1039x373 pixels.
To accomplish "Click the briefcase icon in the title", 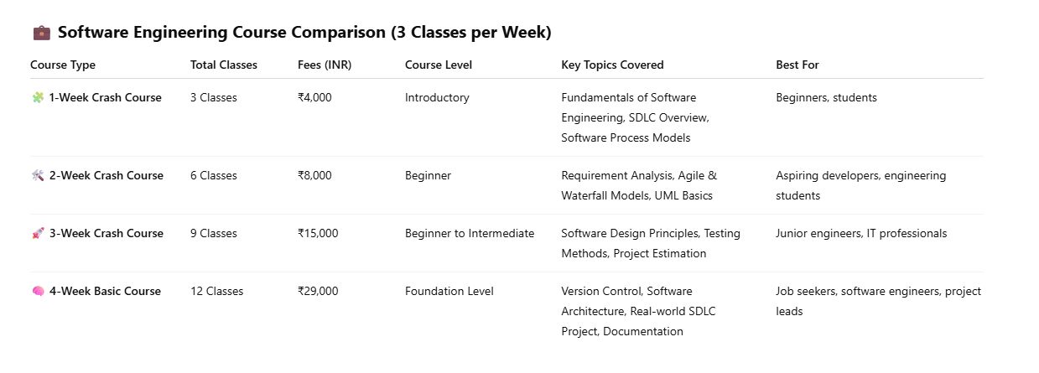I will (41, 33).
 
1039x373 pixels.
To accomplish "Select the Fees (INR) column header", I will (325, 65).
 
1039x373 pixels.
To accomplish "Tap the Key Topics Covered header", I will (612, 65).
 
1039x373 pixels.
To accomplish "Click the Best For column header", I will (797, 65).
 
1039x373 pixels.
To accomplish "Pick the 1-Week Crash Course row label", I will (105, 97).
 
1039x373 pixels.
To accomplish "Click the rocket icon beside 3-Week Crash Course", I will (38, 233).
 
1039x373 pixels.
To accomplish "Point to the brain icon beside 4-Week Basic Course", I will (38, 291).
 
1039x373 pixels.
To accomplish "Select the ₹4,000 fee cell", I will (314, 97).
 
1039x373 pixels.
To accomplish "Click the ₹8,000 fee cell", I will (314, 175).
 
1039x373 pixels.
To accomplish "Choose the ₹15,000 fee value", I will (318, 233).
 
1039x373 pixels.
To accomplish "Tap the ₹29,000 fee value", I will (318, 291).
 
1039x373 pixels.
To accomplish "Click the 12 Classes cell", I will (216, 291).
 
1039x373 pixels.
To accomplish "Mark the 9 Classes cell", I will (214, 233).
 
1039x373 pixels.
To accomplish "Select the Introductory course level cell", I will (437, 97).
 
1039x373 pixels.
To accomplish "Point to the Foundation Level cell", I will (449, 291).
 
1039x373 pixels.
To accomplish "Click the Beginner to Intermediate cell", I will (470, 233).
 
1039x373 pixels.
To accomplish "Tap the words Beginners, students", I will (826, 97).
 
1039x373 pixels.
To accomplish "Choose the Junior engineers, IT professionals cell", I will (861, 233).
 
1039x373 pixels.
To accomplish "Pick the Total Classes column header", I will (224, 65).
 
